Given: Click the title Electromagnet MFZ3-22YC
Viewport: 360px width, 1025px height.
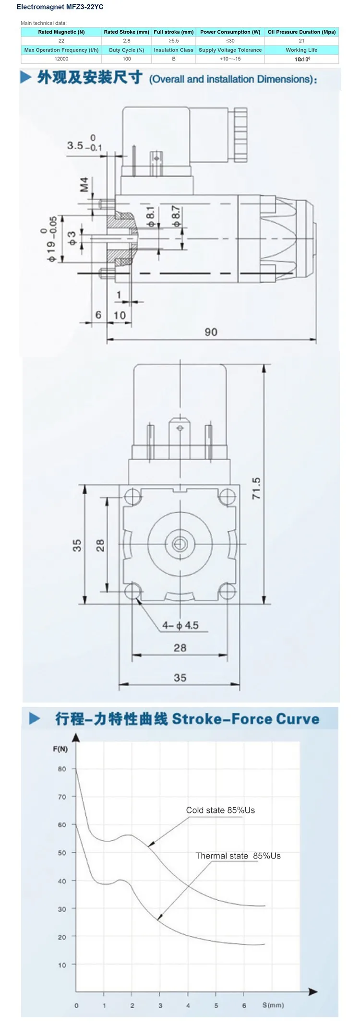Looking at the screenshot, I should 60,7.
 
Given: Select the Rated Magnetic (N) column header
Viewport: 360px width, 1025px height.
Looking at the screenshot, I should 61,32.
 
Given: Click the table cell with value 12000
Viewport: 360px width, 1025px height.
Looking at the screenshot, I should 61,59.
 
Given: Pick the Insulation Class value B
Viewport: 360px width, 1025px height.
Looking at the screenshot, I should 173,59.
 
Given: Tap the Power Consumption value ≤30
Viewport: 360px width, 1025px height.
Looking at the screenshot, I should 230,41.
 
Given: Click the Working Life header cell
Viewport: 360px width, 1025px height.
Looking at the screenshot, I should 301,50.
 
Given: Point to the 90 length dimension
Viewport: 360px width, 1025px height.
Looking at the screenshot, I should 211,332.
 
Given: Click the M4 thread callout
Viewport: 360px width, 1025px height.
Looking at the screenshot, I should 84,185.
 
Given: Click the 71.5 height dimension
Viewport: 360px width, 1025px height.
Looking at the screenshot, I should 256,488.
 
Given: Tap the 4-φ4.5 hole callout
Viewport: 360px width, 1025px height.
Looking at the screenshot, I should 180,625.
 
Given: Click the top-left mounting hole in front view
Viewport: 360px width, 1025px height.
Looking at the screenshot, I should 132,495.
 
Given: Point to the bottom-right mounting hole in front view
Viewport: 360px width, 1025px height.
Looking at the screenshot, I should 227,591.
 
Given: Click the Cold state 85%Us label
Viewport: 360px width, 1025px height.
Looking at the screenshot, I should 220,810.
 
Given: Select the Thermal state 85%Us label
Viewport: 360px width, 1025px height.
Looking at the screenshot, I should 238,856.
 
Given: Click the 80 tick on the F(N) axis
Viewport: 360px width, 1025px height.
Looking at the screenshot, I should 62,769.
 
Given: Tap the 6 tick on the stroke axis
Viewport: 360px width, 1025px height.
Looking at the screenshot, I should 244,992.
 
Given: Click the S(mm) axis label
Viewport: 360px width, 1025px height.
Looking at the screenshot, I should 273,991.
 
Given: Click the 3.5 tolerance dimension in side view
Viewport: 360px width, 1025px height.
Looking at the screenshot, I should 84,145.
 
